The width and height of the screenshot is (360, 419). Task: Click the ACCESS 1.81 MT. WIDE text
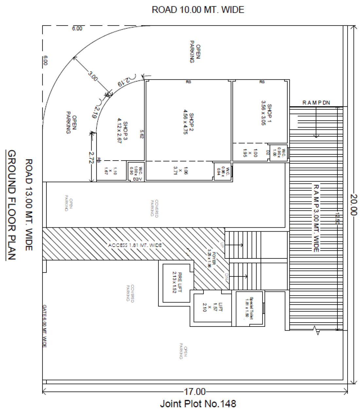coord(135,245)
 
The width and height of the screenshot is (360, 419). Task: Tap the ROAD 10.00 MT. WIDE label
coord(198,10)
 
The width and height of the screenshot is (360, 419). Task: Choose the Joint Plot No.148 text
coord(198,404)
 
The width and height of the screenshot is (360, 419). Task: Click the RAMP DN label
coord(316,103)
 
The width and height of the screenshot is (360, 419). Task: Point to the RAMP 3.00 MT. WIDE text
coord(316,218)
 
